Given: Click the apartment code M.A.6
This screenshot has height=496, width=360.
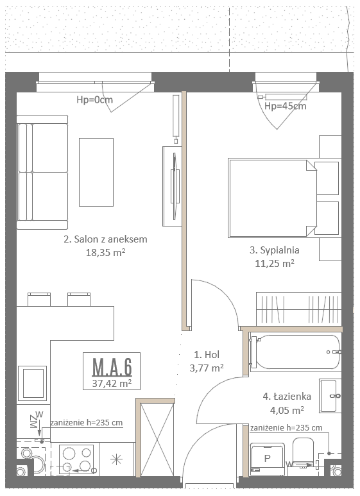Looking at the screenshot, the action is pyautogui.click(x=112, y=366).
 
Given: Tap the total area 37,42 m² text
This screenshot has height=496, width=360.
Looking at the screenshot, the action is pyautogui.click(x=112, y=383).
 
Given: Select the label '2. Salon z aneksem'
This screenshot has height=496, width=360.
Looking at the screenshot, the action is pyautogui.click(x=105, y=239).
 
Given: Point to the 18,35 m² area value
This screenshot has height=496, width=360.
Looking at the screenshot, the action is pyautogui.click(x=105, y=252).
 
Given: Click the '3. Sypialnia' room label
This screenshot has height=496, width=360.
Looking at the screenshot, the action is pyautogui.click(x=274, y=250).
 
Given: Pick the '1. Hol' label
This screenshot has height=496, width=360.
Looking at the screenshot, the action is pyautogui.click(x=207, y=355).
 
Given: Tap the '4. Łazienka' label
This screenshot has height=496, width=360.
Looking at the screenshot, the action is pyautogui.click(x=287, y=397).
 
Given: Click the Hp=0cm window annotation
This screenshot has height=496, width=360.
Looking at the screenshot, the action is pyautogui.click(x=94, y=99).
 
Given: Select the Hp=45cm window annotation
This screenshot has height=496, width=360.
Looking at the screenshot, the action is pyautogui.click(x=286, y=106).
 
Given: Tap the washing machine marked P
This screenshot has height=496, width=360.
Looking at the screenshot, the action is pyautogui.click(x=268, y=459).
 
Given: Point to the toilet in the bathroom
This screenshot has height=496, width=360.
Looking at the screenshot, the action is pyautogui.click(x=304, y=452).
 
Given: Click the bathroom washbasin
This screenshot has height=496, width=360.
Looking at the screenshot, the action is pyautogui.click(x=330, y=395).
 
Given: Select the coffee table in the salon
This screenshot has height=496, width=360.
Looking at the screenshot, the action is pyautogui.click(x=96, y=172).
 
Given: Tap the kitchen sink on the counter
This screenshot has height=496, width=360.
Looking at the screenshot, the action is pyautogui.click(x=32, y=383).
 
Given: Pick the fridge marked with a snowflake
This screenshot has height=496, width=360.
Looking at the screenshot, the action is pyautogui.click(x=117, y=459).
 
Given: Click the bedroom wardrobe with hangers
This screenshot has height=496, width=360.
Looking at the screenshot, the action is pyautogui.click(x=298, y=309).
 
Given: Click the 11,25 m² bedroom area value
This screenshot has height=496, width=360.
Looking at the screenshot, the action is pyautogui.click(x=275, y=264).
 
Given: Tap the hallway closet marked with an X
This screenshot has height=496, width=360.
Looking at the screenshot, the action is pyautogui.click(x=157, y=440).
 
